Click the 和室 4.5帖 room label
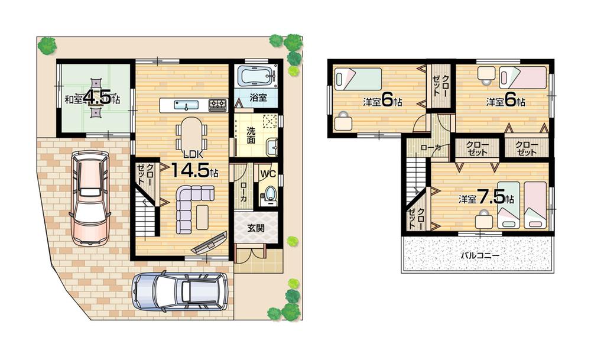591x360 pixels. (93, 98)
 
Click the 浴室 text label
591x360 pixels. (255, 96)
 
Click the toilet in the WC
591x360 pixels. (269, 194)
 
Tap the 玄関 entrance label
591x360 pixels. (255, 228)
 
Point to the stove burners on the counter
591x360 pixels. (217, 105)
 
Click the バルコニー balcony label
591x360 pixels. (479, 256)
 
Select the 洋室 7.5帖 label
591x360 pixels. (486, 197)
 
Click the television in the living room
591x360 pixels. (209, 243)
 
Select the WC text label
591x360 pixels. (269, 174)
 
